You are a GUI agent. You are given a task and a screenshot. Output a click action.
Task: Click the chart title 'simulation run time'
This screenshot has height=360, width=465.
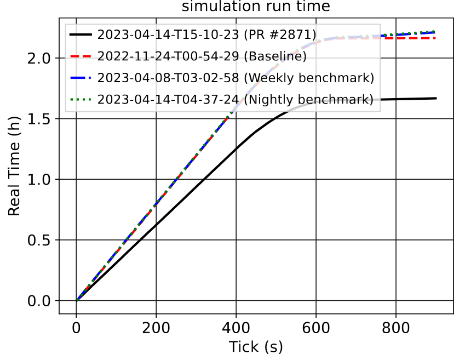click(x=256, y=7)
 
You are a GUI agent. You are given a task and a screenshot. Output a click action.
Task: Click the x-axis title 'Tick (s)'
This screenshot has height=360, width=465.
click(x=256, y=347)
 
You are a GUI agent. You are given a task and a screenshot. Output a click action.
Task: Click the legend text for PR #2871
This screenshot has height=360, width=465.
click(x=206, y=35)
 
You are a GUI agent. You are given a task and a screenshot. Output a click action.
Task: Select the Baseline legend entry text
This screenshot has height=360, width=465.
click(x=202, y=56)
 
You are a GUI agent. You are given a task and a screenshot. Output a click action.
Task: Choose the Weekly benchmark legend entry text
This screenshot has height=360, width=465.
click(x=236, y=78)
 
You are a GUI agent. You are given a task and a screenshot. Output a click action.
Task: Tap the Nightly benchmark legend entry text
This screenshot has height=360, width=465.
click(x=236, y=99)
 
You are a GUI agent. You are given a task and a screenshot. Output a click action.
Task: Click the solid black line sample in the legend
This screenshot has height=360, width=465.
click(x=81, y=35)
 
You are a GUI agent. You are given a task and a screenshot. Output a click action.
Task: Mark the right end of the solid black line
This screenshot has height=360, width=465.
click(x=436, y=98)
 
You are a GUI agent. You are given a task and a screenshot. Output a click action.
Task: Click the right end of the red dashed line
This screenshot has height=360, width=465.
click(x=436, y=38)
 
